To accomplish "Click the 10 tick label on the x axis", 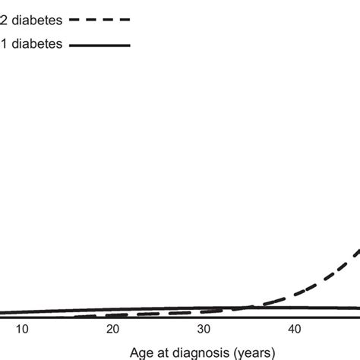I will pyautogui.click(x=22, y=329).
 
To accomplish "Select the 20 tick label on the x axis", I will pyautogui.click(x=112, y=329).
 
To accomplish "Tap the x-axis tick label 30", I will pyautogui.click(x=204, y=329).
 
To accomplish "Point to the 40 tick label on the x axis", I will pyautogui.click(x=295, y=329).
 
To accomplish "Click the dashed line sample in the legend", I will pyautogui.click(x=99, y=21).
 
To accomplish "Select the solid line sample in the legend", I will pyautogui.click(x=99, y=46).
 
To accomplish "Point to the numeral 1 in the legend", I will pyautogui.click(x=4, y=46).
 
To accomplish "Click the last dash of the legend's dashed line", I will pyautogui.click(x=125, y=21).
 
